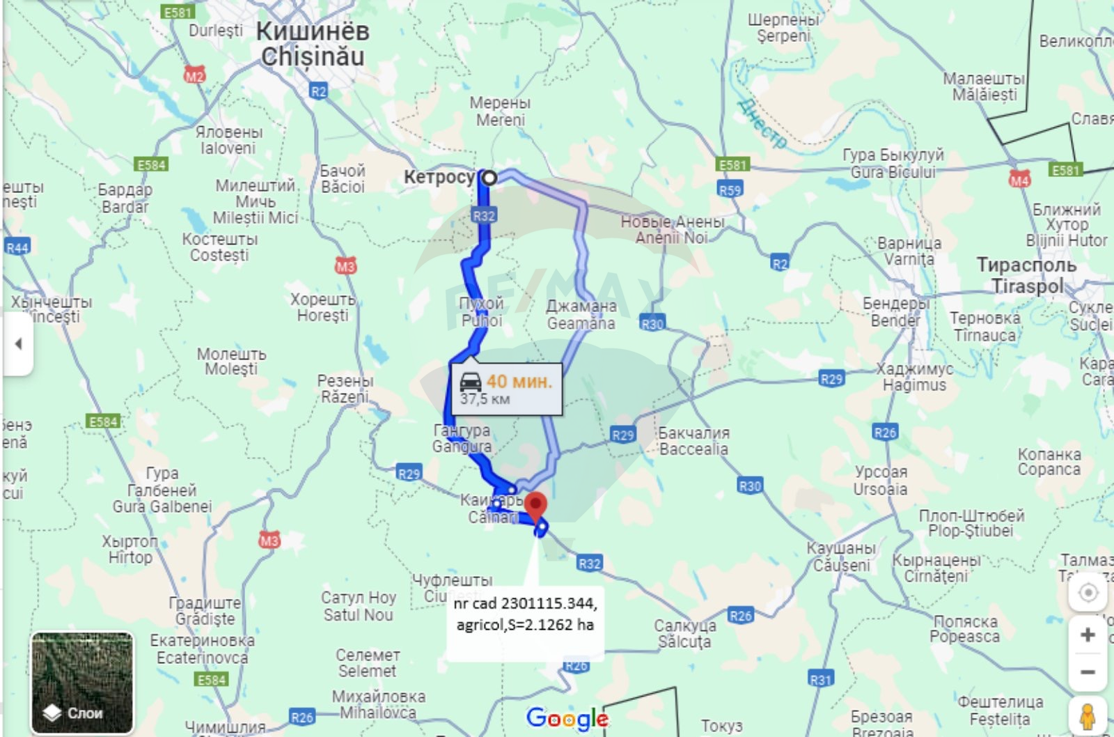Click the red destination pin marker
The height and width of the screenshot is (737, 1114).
[x=535, y=505]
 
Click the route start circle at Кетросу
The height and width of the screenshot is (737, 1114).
[x=489, y=178]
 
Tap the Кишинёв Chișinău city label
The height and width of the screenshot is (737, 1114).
[x=313, y=44]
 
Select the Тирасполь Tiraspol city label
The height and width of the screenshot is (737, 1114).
[x=1026, y=275]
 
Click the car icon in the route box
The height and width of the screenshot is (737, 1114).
[x=471, y=381]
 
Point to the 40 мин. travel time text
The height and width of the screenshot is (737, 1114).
[x=519, y=381]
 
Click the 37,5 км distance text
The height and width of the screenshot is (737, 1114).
[x=485, y=399]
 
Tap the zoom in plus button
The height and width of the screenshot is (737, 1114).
[x=1088, y=635]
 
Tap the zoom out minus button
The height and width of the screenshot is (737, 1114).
[x=1088, y=672]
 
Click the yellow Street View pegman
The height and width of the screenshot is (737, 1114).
[x=1088, y=716]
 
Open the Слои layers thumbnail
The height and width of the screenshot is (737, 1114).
[x=82, y=683]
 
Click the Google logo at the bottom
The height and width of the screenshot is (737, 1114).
[x=567, y=718]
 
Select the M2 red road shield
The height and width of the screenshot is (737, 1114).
[x=194, y=75]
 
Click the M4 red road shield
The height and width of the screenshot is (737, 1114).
[x=1019, y=180]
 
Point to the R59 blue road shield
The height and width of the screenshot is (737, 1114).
[x=730, y=190]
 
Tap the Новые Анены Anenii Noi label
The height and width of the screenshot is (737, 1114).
[x=672, y=230]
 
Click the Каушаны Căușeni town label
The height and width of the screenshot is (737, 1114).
[x=841, y=557]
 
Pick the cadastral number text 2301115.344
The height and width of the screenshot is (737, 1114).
[x=548, y=603]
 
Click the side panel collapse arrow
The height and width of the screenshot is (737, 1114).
[x=18, y=343]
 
